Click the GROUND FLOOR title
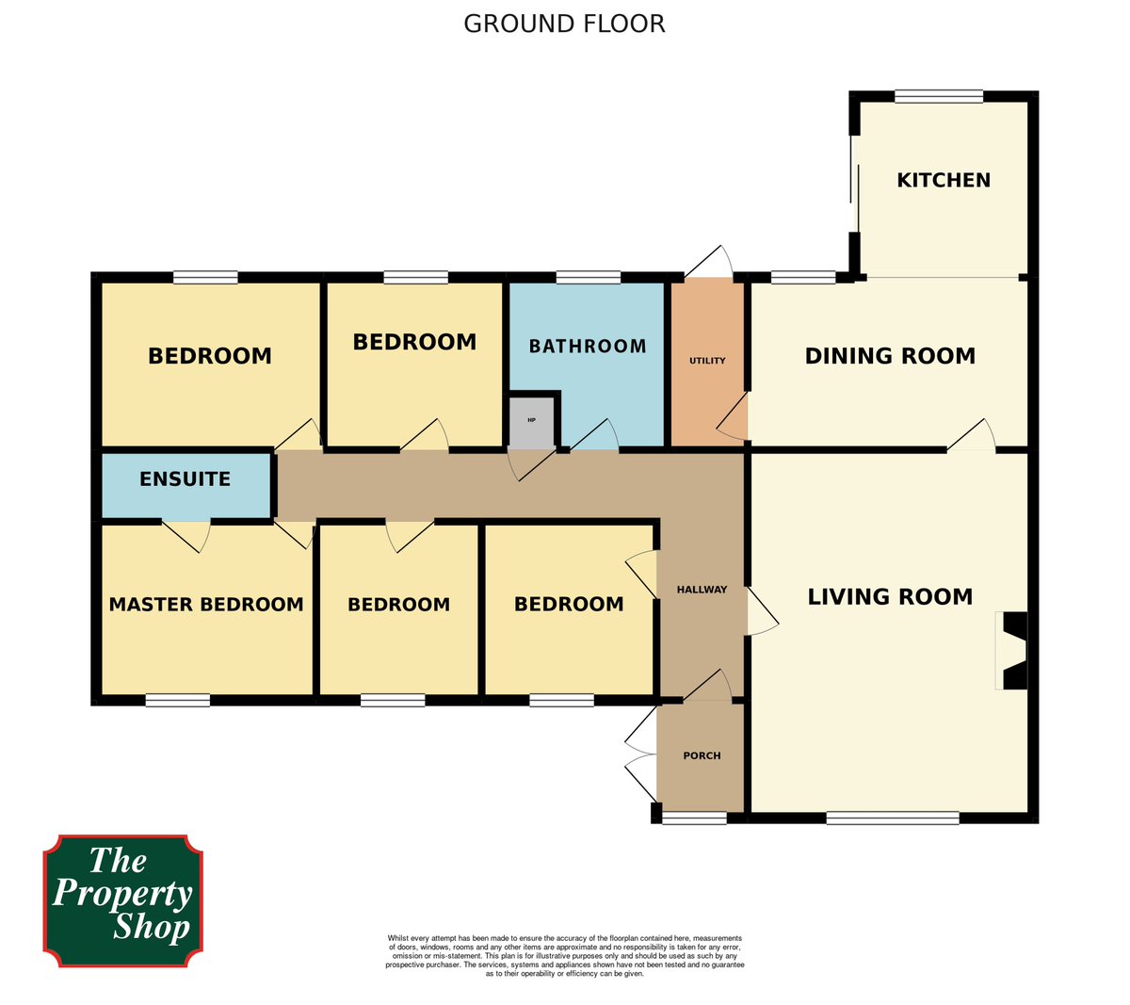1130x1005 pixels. click(564, 24)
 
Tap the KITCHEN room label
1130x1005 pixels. click(943, 180)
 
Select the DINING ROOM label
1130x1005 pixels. click(890, 356)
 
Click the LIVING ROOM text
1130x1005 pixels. click(890, 596)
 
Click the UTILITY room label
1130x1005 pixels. click(707, 361)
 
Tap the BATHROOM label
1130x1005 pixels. click(588, 347)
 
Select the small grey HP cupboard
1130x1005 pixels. click(532, 422)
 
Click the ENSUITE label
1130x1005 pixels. click(185, 479)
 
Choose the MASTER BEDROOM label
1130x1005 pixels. click(206, 605)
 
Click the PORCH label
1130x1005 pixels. click(702, 755)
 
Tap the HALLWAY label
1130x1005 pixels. click(702, 590)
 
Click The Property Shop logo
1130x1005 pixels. click(122, 900)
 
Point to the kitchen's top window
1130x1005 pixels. click(938, 96)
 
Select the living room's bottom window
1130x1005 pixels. click(893, 818)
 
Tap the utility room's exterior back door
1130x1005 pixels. click(709, 264)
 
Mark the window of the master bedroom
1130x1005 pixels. click(177, 700)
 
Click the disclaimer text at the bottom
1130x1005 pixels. click(564, 956)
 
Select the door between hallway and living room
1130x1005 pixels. click(761, 612)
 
